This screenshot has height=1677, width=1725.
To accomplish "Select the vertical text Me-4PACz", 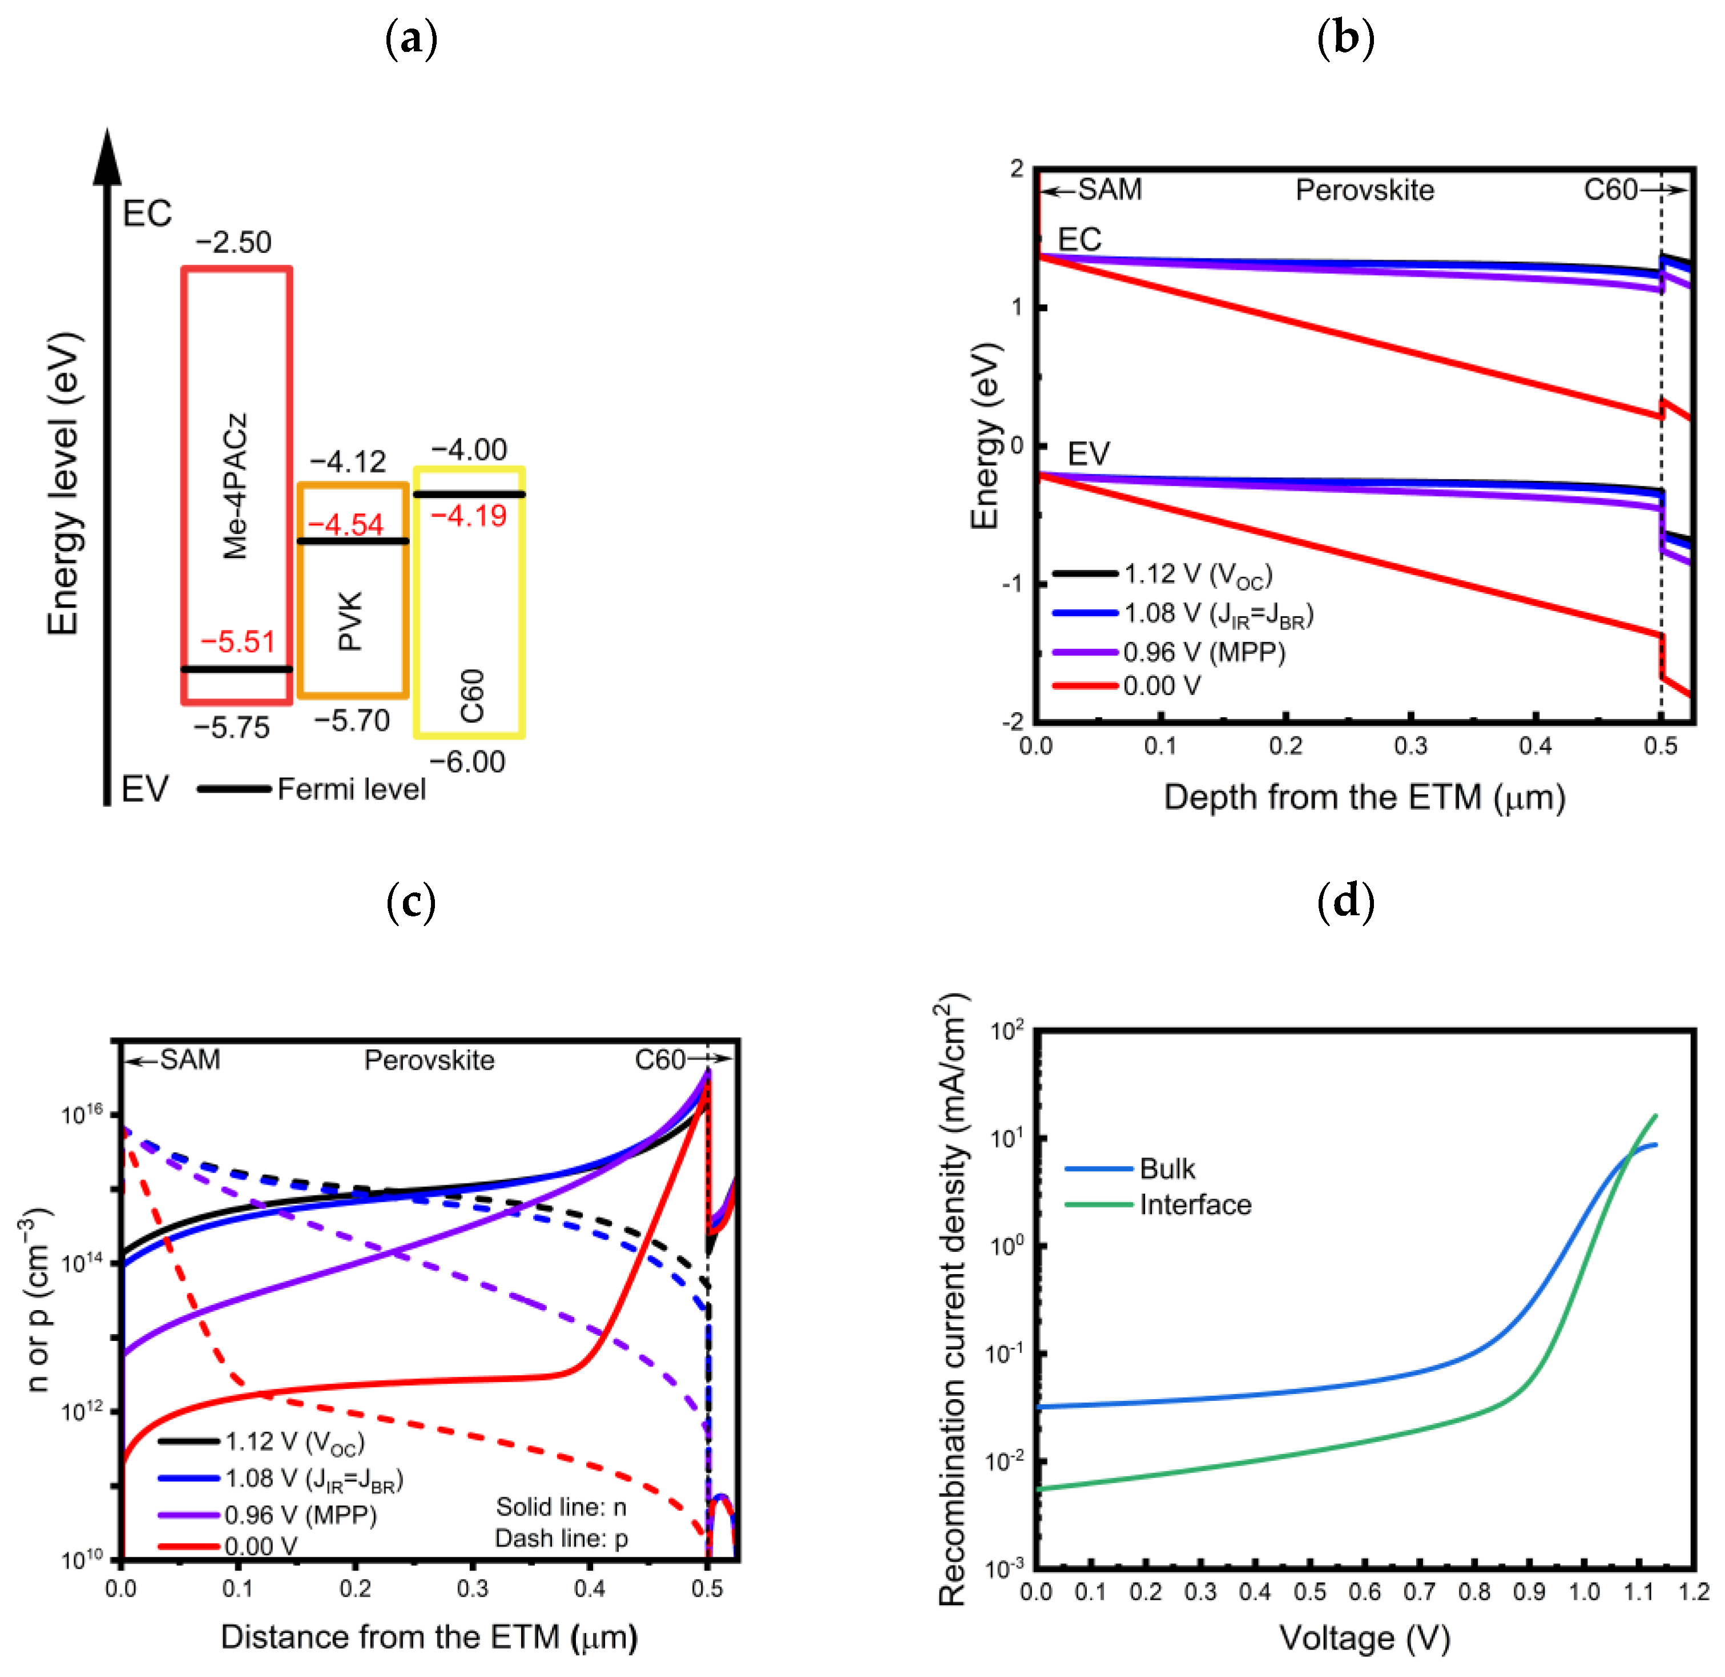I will coord(235,486).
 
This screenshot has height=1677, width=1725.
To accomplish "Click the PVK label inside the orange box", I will coord(350,621).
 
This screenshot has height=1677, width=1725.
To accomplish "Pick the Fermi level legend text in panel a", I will coord(350,789).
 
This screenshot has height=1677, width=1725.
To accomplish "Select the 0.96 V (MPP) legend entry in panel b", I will coord(1203,652).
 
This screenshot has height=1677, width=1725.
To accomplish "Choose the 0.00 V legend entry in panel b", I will coord(1161,685).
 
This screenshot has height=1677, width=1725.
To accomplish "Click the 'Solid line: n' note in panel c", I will coord(561,1507).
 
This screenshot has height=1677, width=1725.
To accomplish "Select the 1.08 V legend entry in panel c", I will coord(313,1479).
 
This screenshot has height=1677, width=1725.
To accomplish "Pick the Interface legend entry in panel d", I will coord(1195,1205).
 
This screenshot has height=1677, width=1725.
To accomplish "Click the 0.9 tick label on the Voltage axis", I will coord(1529,1593).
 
